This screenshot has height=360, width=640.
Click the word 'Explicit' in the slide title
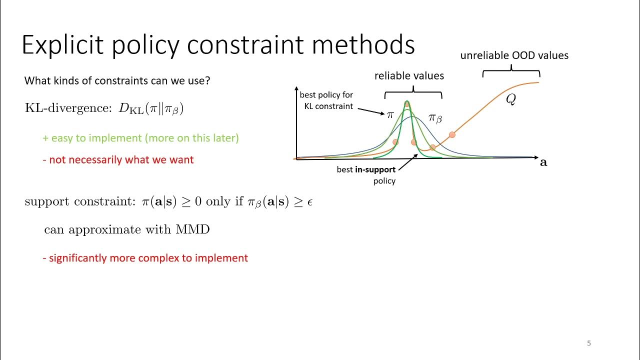pyautogui.click(x=62, y=45)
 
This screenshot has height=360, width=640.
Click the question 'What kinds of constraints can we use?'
pyautogui.click(x=117, y=80)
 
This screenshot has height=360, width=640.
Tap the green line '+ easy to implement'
pyautogui.click(x=140, y=138)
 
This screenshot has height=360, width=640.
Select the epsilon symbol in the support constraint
pyautogui.click(x=310, y=202)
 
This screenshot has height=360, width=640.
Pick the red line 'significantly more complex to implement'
pyautogui.click(x=145, y=258)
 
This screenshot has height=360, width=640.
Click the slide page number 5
pyautogui.click(x=589, y=343)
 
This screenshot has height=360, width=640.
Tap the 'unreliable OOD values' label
pyautogui.click(x=514, y=55)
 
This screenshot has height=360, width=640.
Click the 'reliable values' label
pyautogui.click(x=409, y=76)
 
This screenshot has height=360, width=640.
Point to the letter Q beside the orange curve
pyautogui.click(x=510, y=99)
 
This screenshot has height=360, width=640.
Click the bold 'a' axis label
pyautogui.click(x=543, y=162)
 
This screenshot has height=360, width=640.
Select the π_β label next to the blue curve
pyautogui.click(x=435, y=118)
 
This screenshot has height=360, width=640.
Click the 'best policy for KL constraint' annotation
pyautogui.click(x=326, y=100)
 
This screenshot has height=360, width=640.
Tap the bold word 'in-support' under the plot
pyautogui.click(x=375, y=169)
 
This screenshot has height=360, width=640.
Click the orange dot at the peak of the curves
pyautogui.click(x=407, y=104)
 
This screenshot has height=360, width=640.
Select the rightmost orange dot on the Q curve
pyautogui.click(x=452, y=134)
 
